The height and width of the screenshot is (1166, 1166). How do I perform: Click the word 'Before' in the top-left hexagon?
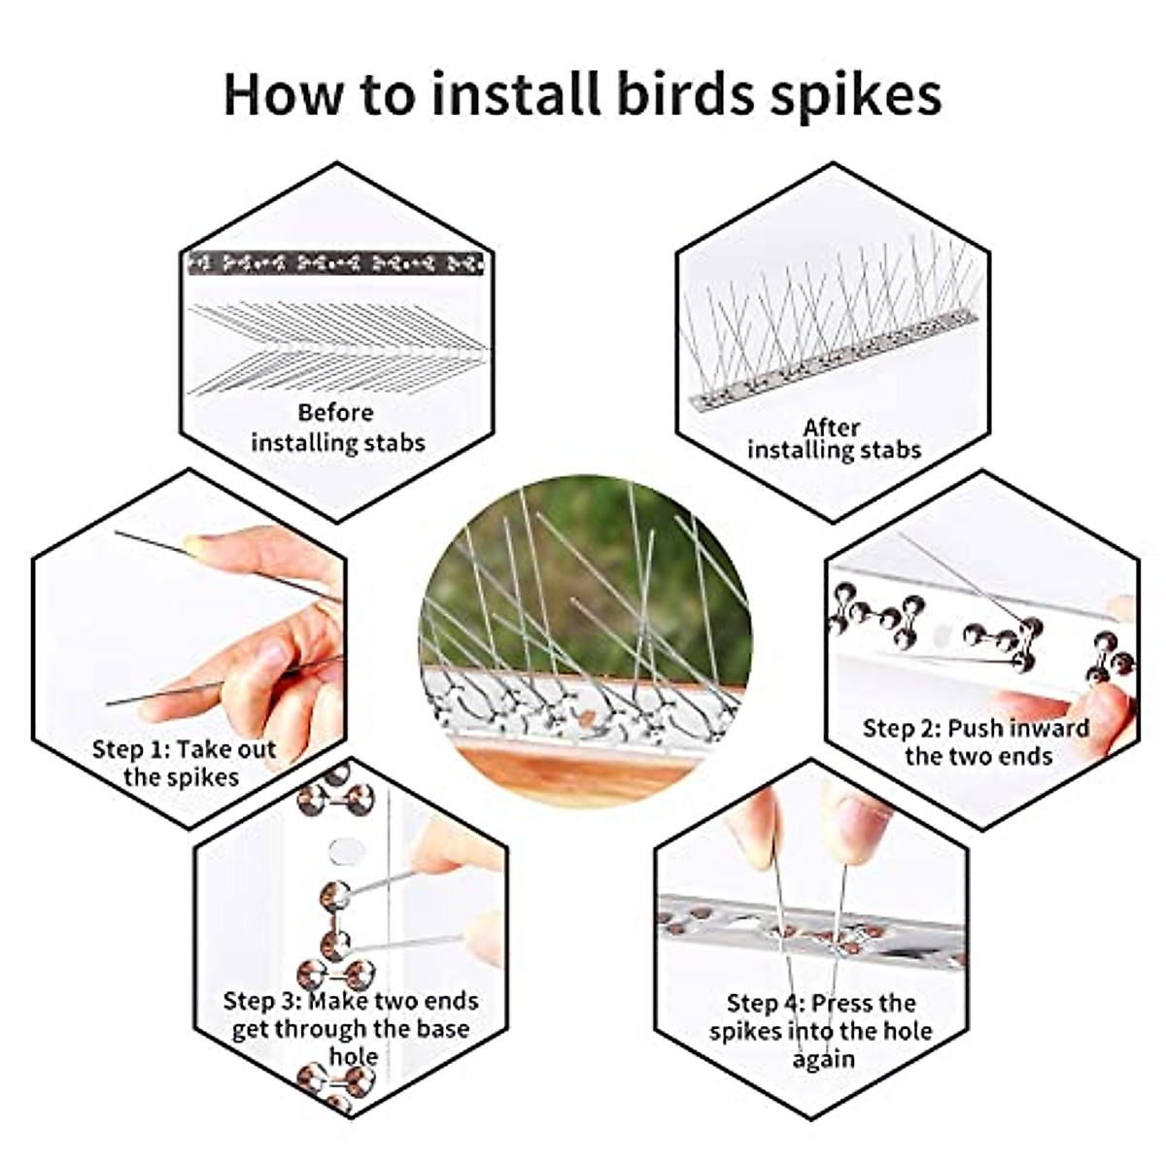point(335,412)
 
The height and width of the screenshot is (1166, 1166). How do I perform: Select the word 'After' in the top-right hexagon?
point(832,427)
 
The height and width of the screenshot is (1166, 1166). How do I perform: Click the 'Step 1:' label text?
point(131,749)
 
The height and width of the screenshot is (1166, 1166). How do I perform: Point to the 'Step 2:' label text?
point(902,728)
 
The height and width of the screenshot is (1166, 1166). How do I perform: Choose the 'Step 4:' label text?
point(766,1003)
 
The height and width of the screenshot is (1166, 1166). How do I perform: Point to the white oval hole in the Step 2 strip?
point(939,635)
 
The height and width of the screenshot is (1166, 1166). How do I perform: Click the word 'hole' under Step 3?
point(353,1056)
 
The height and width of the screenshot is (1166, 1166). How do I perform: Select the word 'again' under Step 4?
point(822,1058)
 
